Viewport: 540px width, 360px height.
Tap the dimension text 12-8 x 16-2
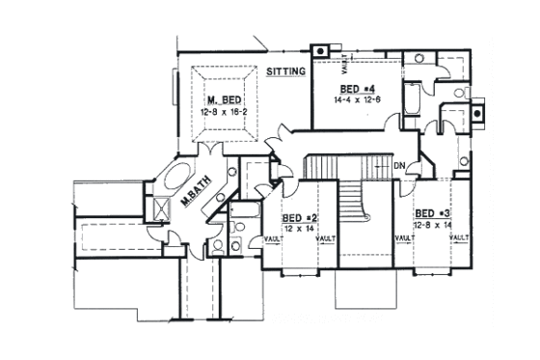[222, 113]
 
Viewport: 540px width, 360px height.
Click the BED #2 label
[298, 218]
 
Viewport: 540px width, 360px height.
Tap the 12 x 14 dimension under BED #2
[298, 229]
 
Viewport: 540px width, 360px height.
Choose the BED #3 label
[430, 212]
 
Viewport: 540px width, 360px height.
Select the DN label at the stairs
[400, 166]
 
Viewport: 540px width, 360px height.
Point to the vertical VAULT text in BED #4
[343, 65]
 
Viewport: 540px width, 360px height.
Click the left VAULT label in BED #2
[270, 237]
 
